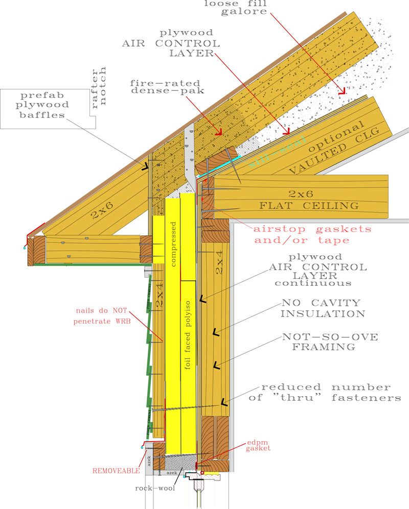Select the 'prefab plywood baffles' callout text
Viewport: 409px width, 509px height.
click(x=43, y=105)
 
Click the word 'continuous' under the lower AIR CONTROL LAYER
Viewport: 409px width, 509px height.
click(x=313, y=282)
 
